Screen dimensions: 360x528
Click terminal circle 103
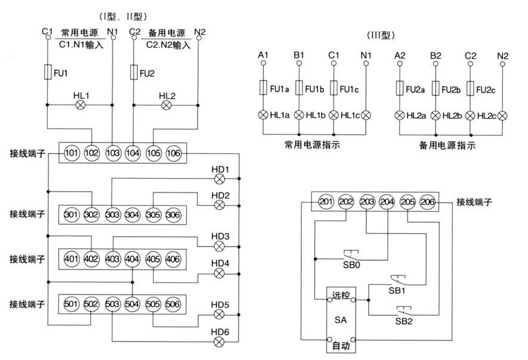[112, 153]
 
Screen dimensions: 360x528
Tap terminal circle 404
[132, 259]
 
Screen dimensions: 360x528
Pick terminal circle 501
[71, 305]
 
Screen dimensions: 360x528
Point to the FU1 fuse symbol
[48, 73]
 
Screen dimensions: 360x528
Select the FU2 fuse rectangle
[134, 73]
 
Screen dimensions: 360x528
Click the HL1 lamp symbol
[81, 105]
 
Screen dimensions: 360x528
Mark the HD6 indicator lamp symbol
[220, 341]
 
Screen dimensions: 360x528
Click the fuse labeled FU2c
[470, 89]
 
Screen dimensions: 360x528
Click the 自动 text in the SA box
[341, 344]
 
